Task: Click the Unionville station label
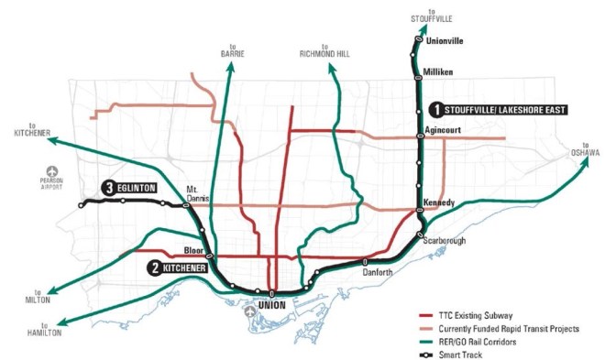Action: (446, 40)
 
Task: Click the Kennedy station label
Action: (441, 202)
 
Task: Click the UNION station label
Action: (272, 303)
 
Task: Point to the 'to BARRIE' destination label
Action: (233, 52)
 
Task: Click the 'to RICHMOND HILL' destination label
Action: (324, 52)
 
